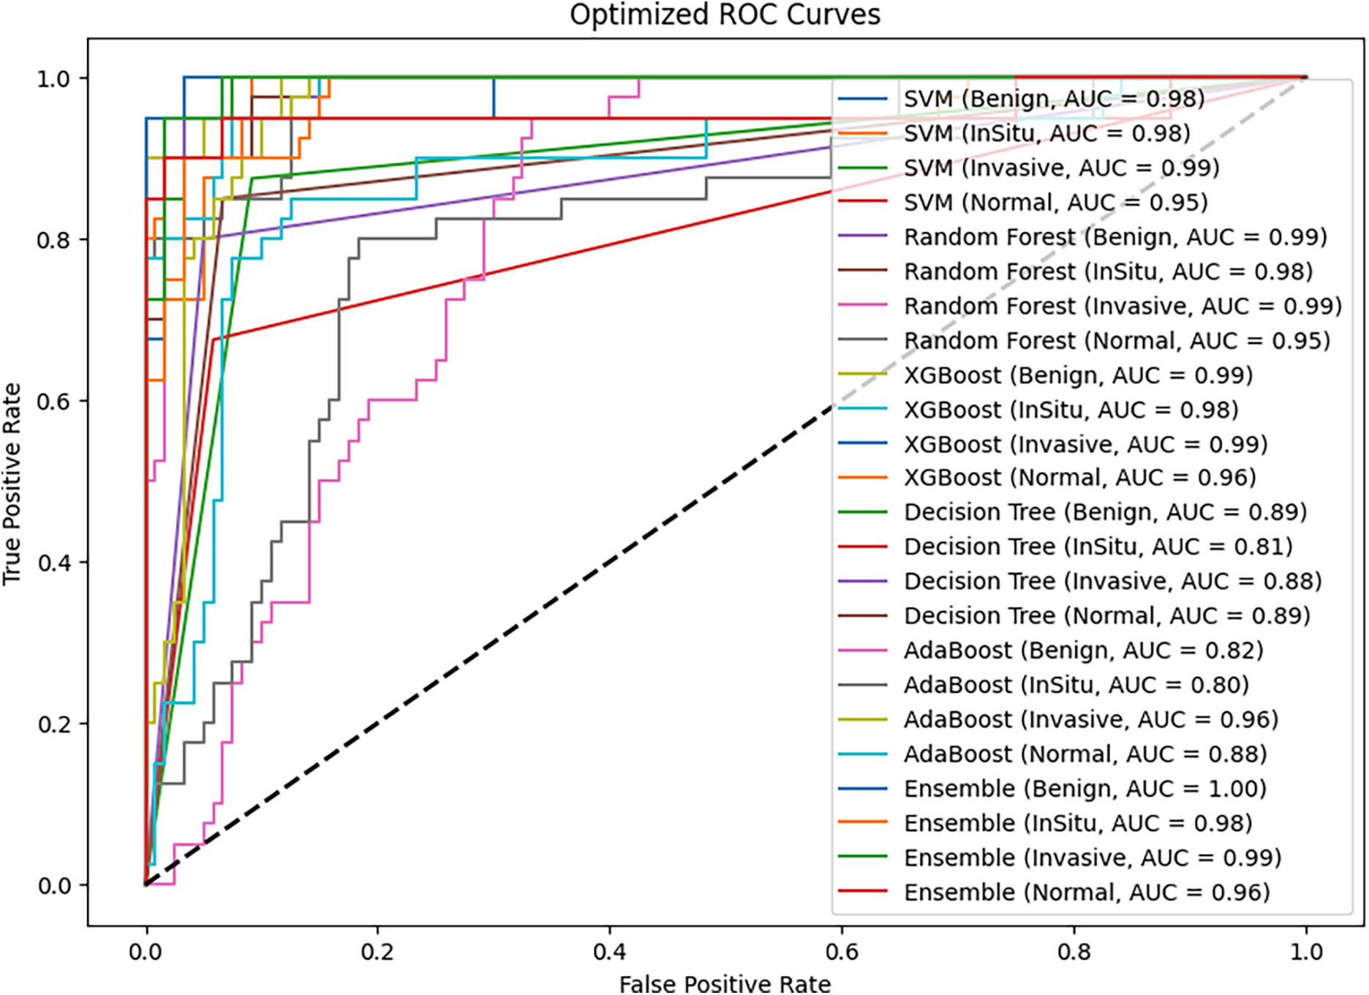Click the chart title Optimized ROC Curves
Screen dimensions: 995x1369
pos(725,15)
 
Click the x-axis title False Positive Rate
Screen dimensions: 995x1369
pos(725,983)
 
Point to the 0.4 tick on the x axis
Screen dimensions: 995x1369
pos(610,952)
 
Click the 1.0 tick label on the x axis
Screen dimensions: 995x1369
pos(1306,952)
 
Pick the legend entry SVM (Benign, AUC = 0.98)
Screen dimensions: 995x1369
pos(1053,99)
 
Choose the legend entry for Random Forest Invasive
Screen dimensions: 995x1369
pos(1123,306)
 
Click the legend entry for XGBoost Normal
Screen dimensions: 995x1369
pos(1079,478)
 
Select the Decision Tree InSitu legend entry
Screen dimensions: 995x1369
pos(1098,547)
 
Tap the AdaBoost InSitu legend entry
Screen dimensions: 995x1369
pos(1076,685)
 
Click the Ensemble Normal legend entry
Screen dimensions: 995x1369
pos(1087,893)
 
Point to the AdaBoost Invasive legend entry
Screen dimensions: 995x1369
pos(1090,720)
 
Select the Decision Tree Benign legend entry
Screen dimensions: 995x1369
pos(1105,512)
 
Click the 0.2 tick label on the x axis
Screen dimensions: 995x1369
pos(377,952)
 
